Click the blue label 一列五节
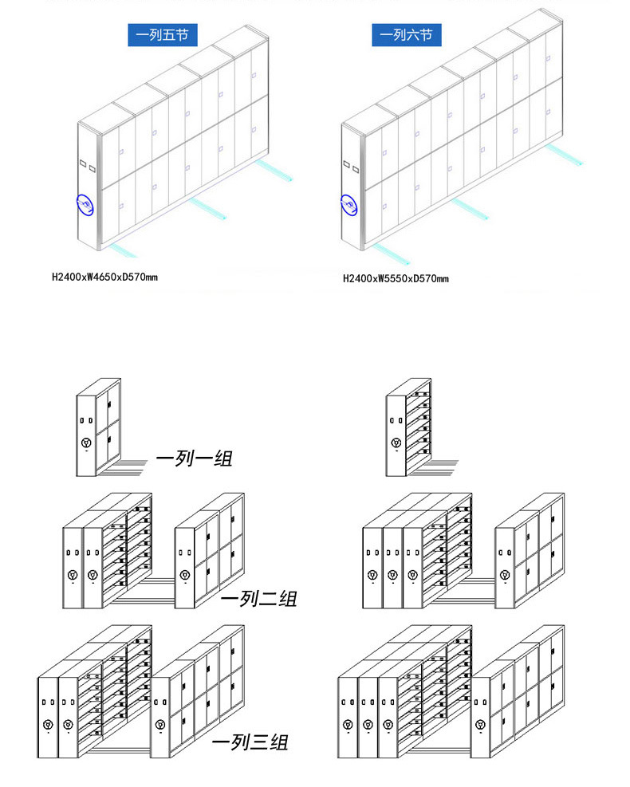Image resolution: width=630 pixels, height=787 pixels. [x=162, y=34]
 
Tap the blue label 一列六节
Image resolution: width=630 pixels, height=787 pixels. [x=407, y=34]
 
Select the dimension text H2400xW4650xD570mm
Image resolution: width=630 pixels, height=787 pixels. [x=105, y=277]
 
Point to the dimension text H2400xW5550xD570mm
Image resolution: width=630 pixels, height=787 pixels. [x=396, y=278]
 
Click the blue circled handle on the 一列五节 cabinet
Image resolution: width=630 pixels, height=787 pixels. [x=85, y=205]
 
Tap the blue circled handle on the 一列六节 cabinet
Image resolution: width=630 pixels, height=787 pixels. [x=348, y=205]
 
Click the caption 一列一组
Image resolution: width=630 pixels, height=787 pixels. [x=195, y=458]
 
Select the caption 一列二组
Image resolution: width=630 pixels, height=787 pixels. [x=259, y=598]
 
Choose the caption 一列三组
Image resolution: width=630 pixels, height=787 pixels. [x=250, y=742]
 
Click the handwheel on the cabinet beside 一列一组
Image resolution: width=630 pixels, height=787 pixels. [x=86, y=443]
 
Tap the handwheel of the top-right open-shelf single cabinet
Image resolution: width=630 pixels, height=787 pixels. [x=396, y=443]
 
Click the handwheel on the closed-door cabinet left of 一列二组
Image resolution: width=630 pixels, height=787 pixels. [x=185, y=574]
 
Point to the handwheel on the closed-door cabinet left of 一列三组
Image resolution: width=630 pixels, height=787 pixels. [x=160, y=724]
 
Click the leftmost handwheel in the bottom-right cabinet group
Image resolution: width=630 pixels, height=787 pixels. [x=348, y=724]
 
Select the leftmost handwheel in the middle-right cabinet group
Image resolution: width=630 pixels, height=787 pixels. [x=372, y=575]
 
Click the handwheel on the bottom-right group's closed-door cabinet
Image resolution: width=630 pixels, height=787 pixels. [x=480, y=724]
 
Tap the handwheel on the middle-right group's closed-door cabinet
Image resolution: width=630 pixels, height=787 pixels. [x=505, y=575]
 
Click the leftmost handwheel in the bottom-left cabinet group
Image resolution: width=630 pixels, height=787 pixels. [x=48, y=724]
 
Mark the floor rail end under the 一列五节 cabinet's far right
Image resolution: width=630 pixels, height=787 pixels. [x=289, y=178]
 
